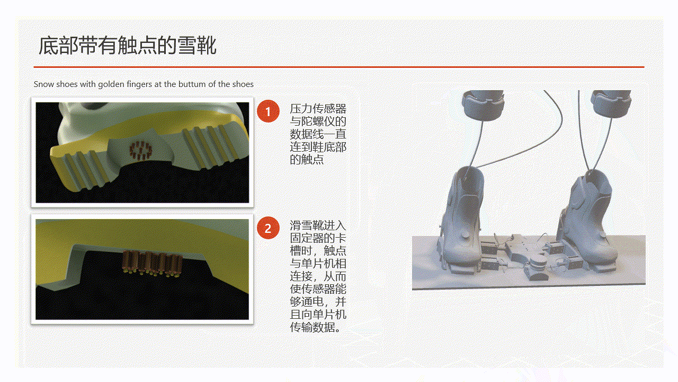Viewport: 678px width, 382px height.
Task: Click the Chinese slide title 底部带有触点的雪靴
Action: point(128,46)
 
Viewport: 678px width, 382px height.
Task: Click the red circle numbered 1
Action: point(268,111)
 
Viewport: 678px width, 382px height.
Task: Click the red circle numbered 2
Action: point(268,228)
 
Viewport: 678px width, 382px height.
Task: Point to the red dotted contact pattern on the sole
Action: point(141,150)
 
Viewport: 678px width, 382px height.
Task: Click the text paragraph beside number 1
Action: point(318,134)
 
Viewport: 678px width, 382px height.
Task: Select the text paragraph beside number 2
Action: point(318,276)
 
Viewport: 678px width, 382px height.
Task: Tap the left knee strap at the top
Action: point(483,105)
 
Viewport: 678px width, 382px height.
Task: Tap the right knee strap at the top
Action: point(611,103)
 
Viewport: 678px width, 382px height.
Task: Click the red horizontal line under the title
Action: point(339,67)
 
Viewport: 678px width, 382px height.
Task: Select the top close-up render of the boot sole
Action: point(142,152)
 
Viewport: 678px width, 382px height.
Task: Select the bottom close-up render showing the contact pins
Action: point(142,269)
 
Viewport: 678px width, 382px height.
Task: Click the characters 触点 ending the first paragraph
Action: point(313,160)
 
